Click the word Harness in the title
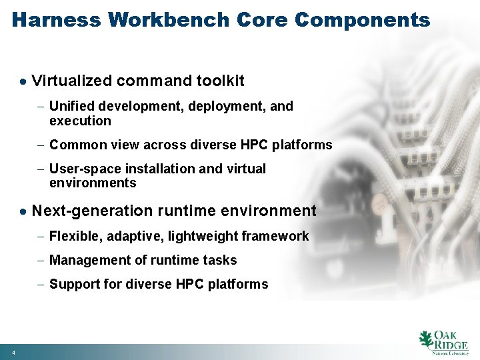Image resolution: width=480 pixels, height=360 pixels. pos(57,20)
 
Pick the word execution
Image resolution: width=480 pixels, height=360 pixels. pos(80,121)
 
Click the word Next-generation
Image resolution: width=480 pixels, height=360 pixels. pos(93,211)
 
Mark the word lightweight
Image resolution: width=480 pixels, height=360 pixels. pos(199,236)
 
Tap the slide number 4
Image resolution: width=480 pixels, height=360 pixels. pos(13,351)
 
